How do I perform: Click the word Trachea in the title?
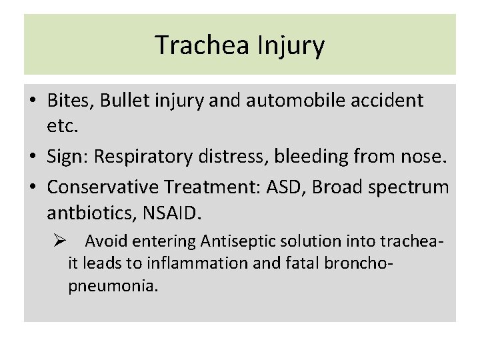(197, 45)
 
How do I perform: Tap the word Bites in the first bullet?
(71, 101)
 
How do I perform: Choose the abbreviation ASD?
(285, 187)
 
